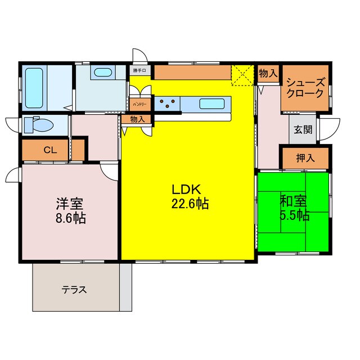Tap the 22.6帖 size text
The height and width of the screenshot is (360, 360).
(190, 204)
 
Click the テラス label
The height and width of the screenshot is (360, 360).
(74, 290)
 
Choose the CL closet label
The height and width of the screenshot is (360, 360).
(49, 150)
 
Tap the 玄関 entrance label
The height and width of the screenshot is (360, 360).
(303, 129)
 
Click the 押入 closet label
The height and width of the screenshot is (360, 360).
(305, 157)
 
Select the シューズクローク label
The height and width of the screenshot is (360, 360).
(305, 87)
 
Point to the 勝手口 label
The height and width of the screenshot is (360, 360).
(139, 71)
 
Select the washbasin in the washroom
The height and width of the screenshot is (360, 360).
(102, 73)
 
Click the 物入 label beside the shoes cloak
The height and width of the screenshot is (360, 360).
(268, 73)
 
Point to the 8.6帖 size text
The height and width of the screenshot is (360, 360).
(71, 218)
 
